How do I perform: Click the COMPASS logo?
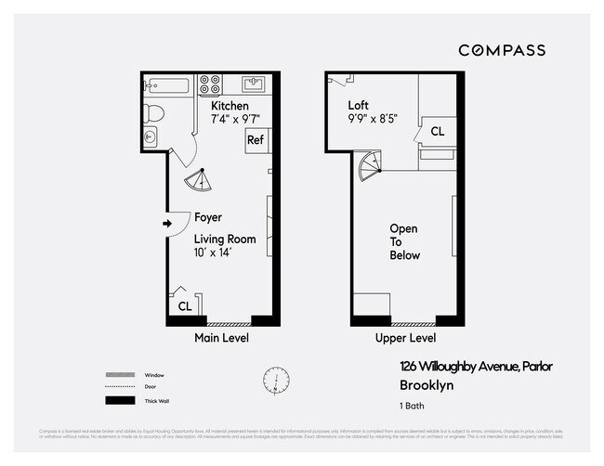tap(501, 50)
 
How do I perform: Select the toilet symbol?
tap(155, 114)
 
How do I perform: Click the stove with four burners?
tap(209, 85)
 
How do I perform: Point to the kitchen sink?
tap(253, 85)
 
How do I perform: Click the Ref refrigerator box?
tap(256, 141)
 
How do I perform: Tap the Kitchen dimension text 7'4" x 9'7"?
tap(235, 118)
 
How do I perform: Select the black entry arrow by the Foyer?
tap(168, 223)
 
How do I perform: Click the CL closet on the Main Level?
tap(184, 305)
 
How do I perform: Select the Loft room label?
tap(358, 105)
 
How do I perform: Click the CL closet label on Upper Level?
tap(436, 132)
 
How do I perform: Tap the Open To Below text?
tap(403, 241)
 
